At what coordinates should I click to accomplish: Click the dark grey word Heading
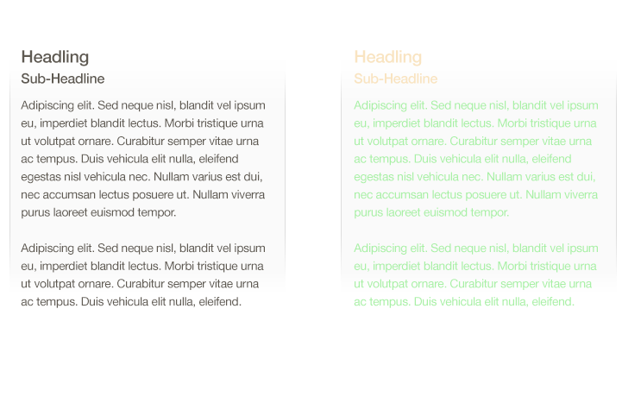(x=54, y=58)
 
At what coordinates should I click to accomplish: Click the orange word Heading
(x=387, y=58)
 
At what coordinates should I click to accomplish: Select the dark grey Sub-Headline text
(x=62, y=79)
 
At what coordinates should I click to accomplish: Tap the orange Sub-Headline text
(x=395, y=79)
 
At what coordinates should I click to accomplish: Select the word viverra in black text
(x=246, y=194)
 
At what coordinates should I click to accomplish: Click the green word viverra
(x=579, y=194)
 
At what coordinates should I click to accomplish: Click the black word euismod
(x=119, y=212)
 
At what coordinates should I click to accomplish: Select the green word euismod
(x=452, y=212)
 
